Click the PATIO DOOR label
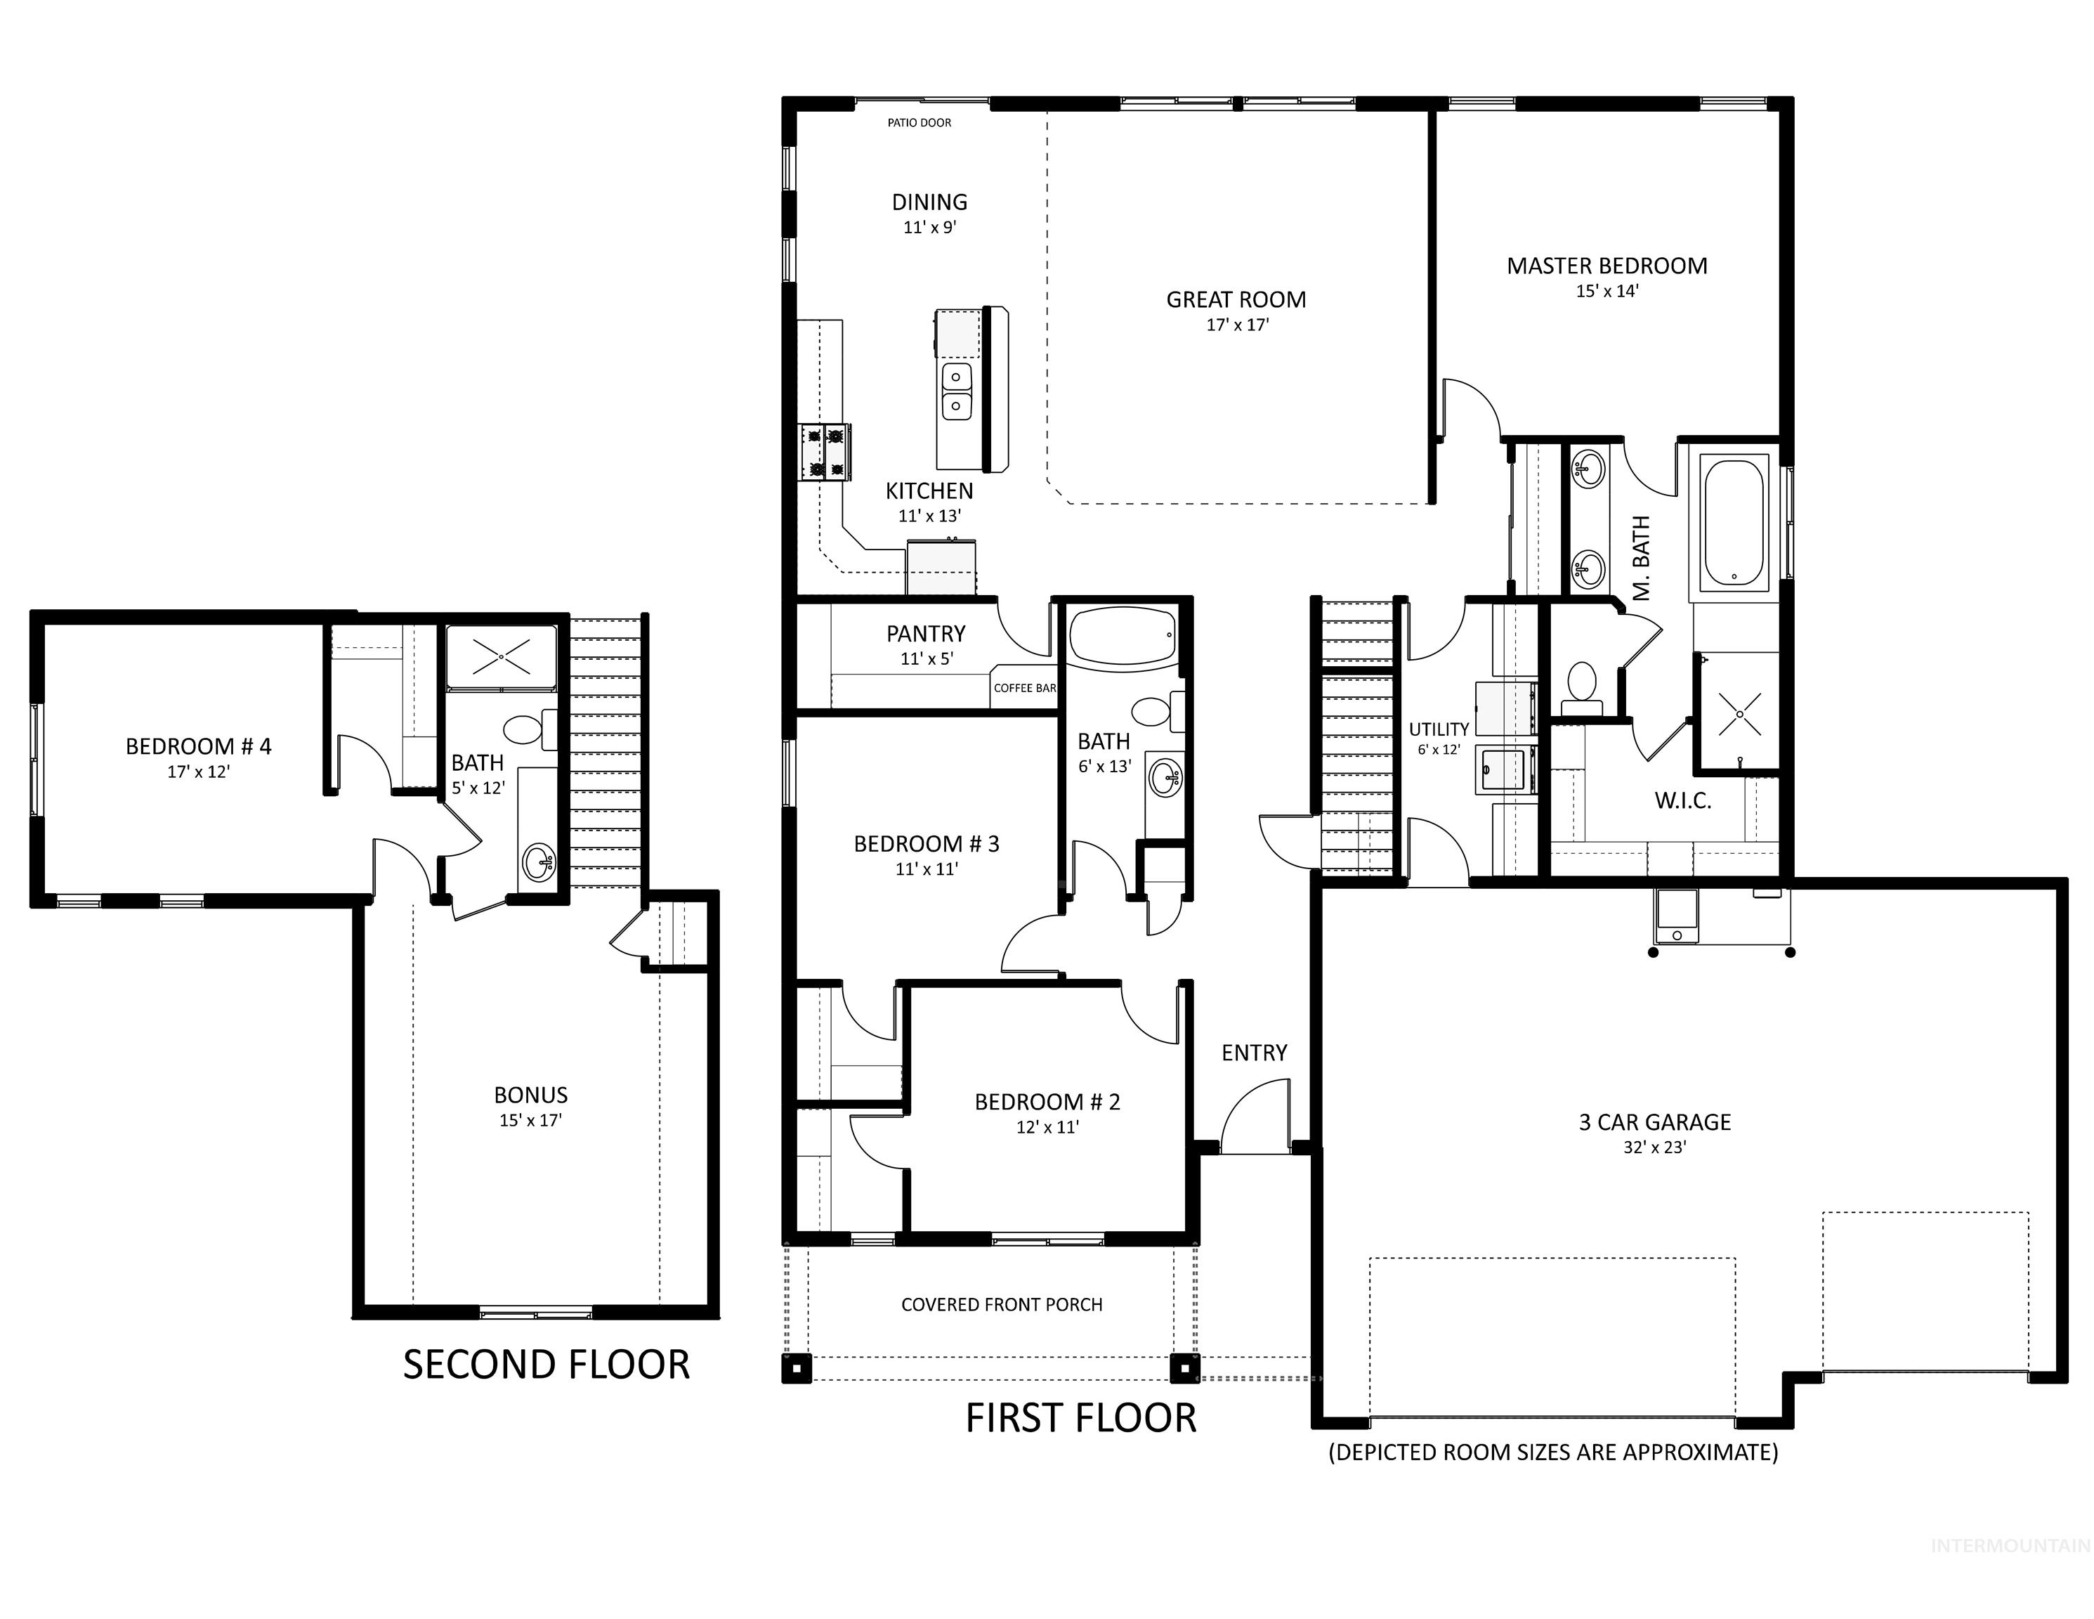[919, 123]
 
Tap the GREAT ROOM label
[1236, 299]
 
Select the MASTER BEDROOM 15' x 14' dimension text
[1607, 291]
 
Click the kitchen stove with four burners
[825, 452]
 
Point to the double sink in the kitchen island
[956, 391]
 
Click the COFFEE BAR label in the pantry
[1024, 688]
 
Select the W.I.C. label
[1682, 801]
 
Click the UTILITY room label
[1438, 729]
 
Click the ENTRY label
[1253, 1053]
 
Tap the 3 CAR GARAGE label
[1655, 1122]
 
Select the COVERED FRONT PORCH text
[1001, 1304]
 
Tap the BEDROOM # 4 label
[199, 746]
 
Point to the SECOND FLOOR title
[546, 1365]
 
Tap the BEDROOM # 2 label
[1047, 1102]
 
